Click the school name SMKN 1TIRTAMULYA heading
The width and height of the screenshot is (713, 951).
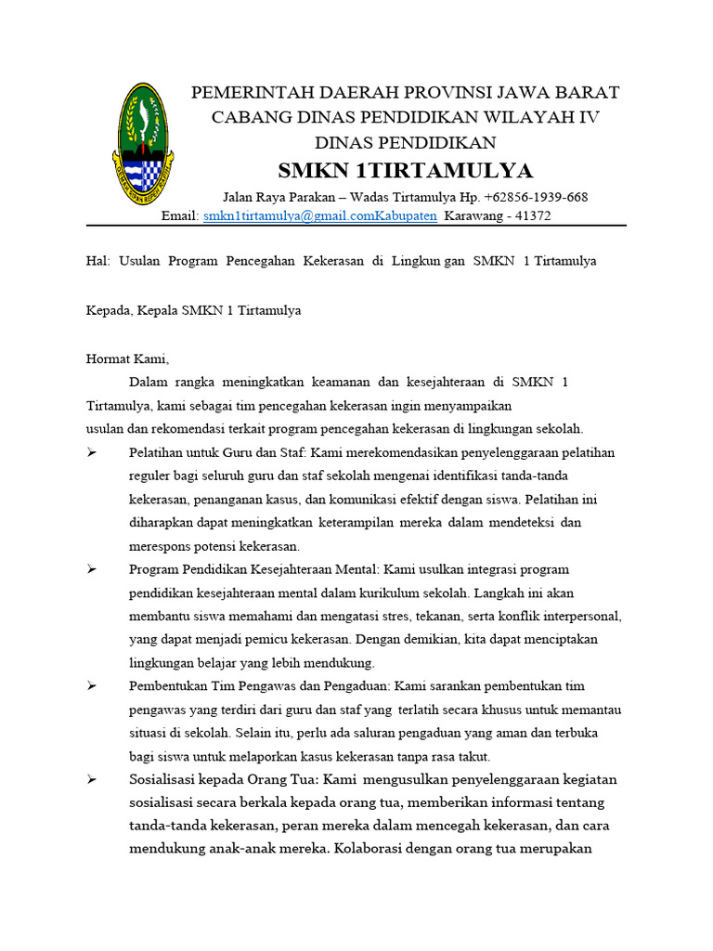[406, 170]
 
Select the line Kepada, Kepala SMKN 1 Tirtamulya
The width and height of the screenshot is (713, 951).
[193, 311]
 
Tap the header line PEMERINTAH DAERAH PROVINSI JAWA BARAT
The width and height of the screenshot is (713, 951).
[405, 92]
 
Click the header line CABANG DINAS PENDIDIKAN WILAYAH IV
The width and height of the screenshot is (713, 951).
[406, 117]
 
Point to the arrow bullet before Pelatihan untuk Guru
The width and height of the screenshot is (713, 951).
[92, 452]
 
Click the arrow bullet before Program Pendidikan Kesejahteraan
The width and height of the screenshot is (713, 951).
[92, 569]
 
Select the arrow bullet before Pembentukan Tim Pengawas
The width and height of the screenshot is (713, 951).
[92, 686]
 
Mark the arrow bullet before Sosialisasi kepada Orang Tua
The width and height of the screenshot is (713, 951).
[92, 779]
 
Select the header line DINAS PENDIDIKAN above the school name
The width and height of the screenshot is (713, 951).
[406, 142]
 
